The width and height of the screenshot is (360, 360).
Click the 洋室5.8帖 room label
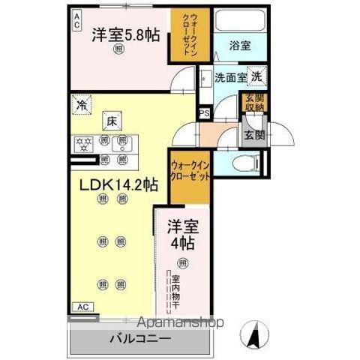[125, 34]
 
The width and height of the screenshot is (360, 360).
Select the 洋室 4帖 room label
[181, 233]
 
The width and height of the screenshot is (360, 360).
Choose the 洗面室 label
[229, 76]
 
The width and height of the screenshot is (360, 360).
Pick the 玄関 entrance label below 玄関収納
[251, 136]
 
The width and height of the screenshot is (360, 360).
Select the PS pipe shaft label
[203, 115]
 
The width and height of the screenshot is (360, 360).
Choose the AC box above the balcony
[85, 307]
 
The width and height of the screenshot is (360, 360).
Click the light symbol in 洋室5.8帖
[119, 49]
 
